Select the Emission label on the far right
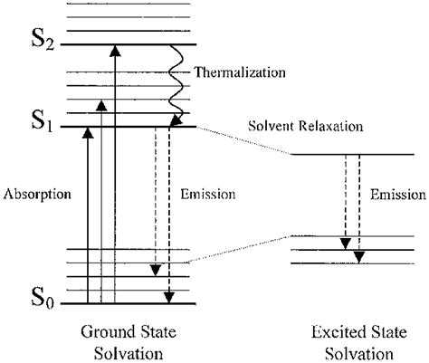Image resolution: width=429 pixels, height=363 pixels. [399, 194]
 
